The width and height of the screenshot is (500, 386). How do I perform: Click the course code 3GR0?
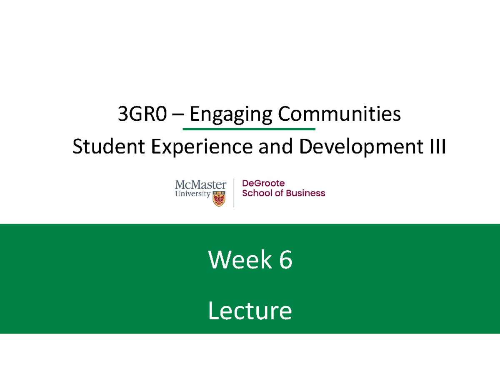point(142,114)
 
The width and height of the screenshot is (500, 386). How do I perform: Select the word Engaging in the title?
point(231,115)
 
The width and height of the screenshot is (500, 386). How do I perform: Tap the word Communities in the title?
point(340,113)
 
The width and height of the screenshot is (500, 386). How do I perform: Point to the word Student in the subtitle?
point(109,146)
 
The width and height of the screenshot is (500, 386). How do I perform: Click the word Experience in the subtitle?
point(202,147)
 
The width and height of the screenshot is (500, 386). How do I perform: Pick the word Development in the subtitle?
point(361,147)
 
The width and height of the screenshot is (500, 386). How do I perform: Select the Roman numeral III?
point(437,146)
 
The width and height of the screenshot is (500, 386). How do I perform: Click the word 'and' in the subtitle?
point(275,146)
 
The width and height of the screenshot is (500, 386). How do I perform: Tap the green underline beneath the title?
point(249,129)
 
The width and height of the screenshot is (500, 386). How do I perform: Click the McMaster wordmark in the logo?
point(201,184)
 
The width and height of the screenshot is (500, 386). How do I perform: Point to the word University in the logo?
point(192,194)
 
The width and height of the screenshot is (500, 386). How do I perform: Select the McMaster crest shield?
point(219,199)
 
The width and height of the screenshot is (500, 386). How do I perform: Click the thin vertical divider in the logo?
point(234,193)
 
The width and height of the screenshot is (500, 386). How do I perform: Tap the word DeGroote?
point(263,183)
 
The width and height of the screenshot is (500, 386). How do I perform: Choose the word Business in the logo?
point(305,193)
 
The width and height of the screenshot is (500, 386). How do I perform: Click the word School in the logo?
point(257,193)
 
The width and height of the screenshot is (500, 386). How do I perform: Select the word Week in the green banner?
point(240,259)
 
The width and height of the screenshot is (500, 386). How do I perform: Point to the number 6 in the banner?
point(286,260)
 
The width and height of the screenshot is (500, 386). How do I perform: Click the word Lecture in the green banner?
point(250,311)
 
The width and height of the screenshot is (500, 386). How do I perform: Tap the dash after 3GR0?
point(178,115)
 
